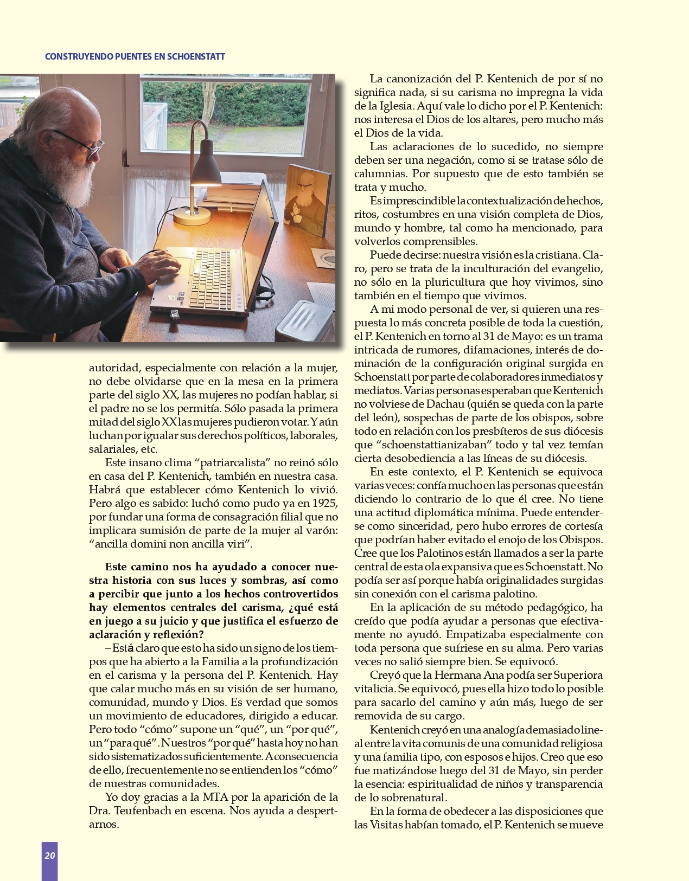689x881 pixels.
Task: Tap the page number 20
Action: (50, 856)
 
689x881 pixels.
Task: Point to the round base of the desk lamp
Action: (192, 216)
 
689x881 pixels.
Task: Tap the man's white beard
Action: (79, 173)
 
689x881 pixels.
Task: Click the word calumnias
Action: (380, 173)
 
